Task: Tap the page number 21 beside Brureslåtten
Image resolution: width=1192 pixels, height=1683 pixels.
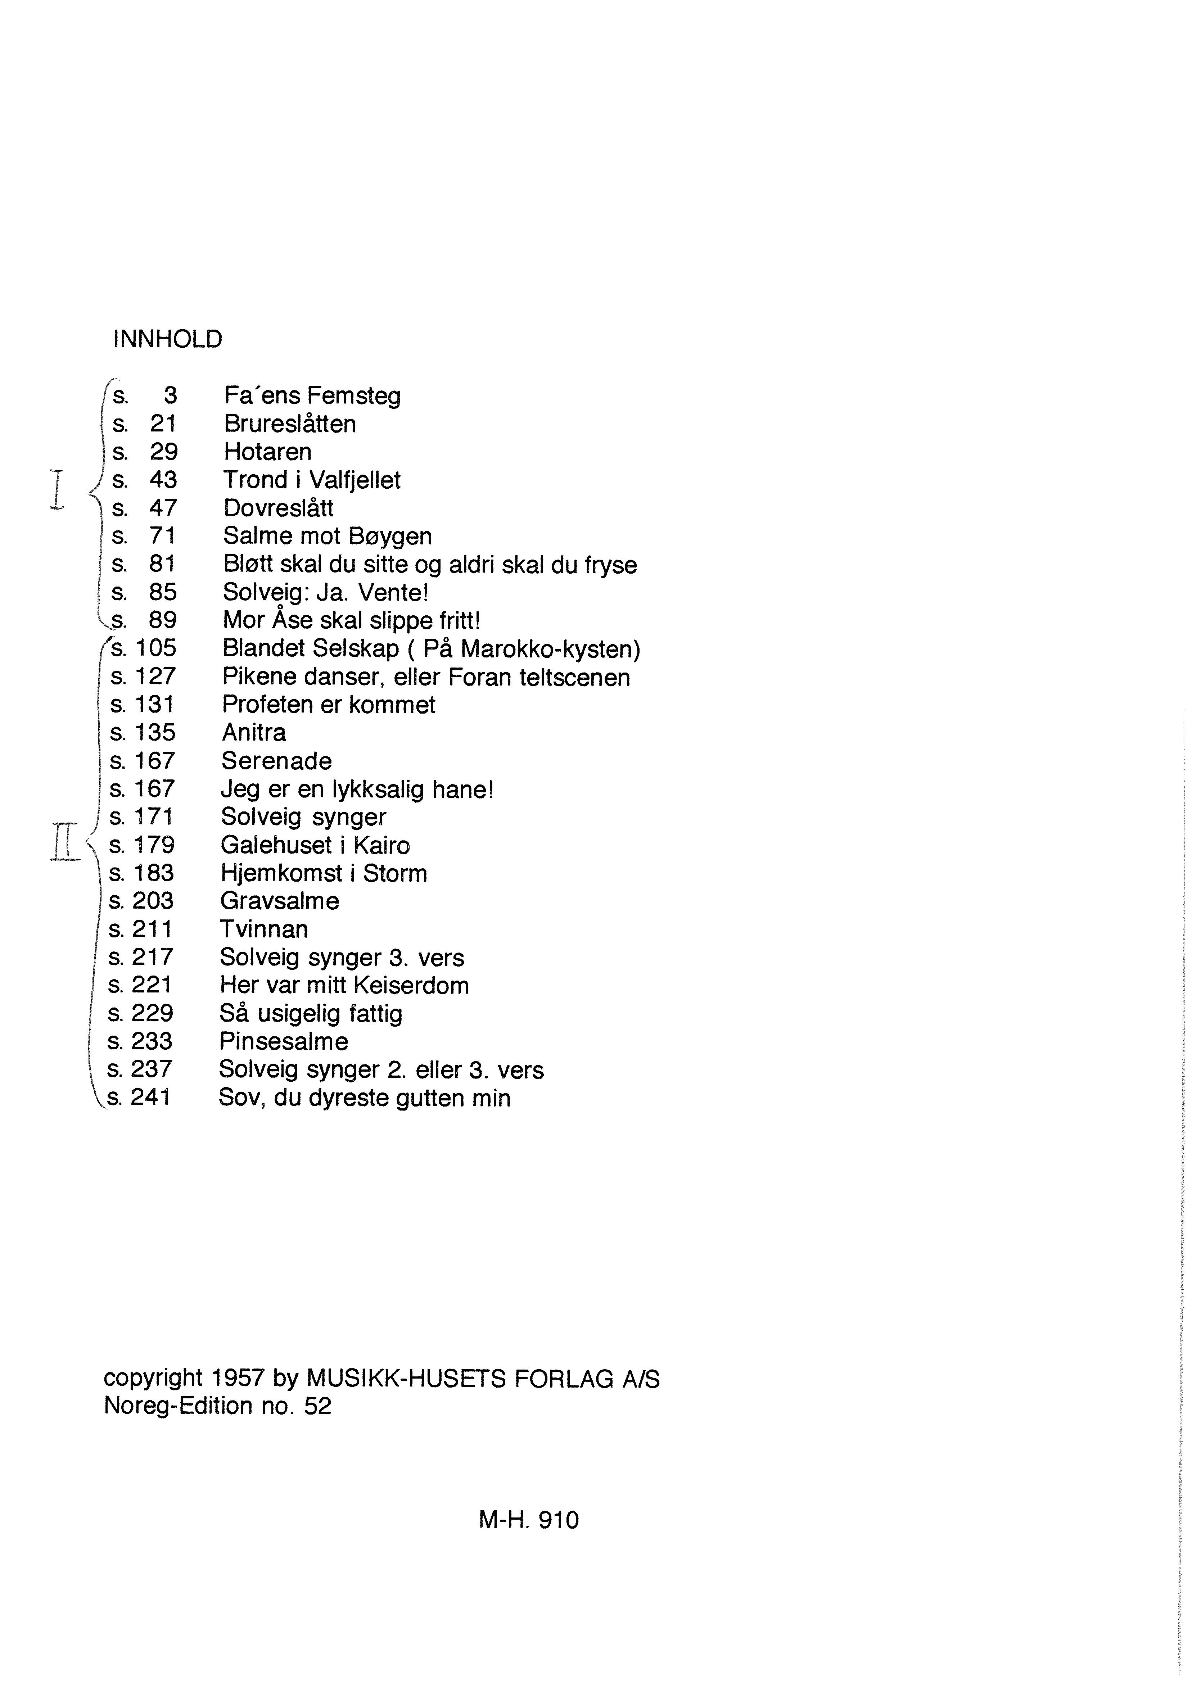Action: (163, 424)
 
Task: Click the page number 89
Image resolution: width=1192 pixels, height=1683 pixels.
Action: (163, 621)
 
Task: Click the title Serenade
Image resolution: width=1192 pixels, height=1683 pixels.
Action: (276, 761)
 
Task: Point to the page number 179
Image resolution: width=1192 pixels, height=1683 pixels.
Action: (153, 845)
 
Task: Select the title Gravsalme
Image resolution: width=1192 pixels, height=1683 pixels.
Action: (280, 901)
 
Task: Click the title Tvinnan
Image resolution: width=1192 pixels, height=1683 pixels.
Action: (263, 929)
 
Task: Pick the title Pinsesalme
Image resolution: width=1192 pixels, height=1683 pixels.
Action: (283, 1042)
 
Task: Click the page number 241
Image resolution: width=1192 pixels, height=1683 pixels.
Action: (151, 1098)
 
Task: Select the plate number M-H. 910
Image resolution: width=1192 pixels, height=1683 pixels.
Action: (528, 1519)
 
